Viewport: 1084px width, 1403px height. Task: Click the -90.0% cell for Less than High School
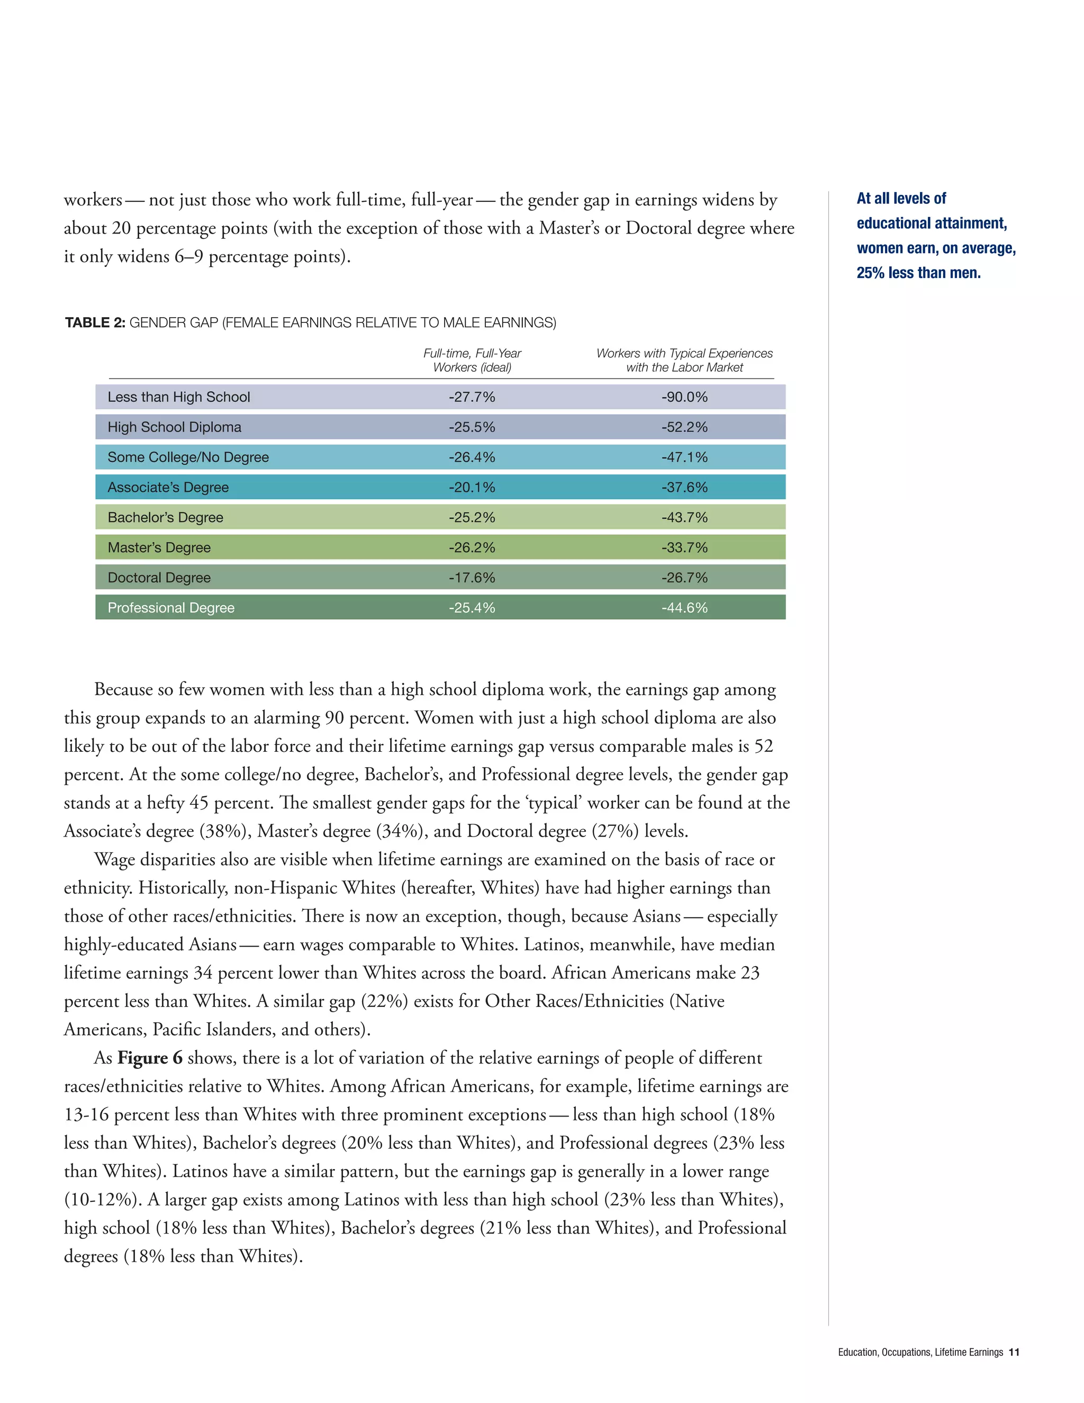684,397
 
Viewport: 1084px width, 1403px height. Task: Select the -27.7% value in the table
472,397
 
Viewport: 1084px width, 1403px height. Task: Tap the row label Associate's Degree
168,487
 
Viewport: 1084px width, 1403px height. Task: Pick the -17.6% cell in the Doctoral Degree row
472,578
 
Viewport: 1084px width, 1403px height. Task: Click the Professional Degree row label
171,608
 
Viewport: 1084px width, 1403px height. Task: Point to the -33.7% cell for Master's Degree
684,547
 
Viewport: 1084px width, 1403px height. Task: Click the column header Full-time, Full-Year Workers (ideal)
472,361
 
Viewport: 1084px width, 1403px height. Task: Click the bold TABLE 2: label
95,322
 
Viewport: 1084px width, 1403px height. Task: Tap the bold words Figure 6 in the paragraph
150,1058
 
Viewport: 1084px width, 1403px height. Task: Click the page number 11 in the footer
1014,1352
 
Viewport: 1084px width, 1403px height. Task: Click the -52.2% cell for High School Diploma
684,427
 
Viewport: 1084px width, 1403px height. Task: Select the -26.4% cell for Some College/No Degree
472,457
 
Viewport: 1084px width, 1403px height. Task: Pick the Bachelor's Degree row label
165,517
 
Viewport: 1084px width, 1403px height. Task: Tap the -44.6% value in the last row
684,608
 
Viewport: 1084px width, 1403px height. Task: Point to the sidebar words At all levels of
901,199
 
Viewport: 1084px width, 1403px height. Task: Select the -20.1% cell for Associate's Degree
472,487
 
